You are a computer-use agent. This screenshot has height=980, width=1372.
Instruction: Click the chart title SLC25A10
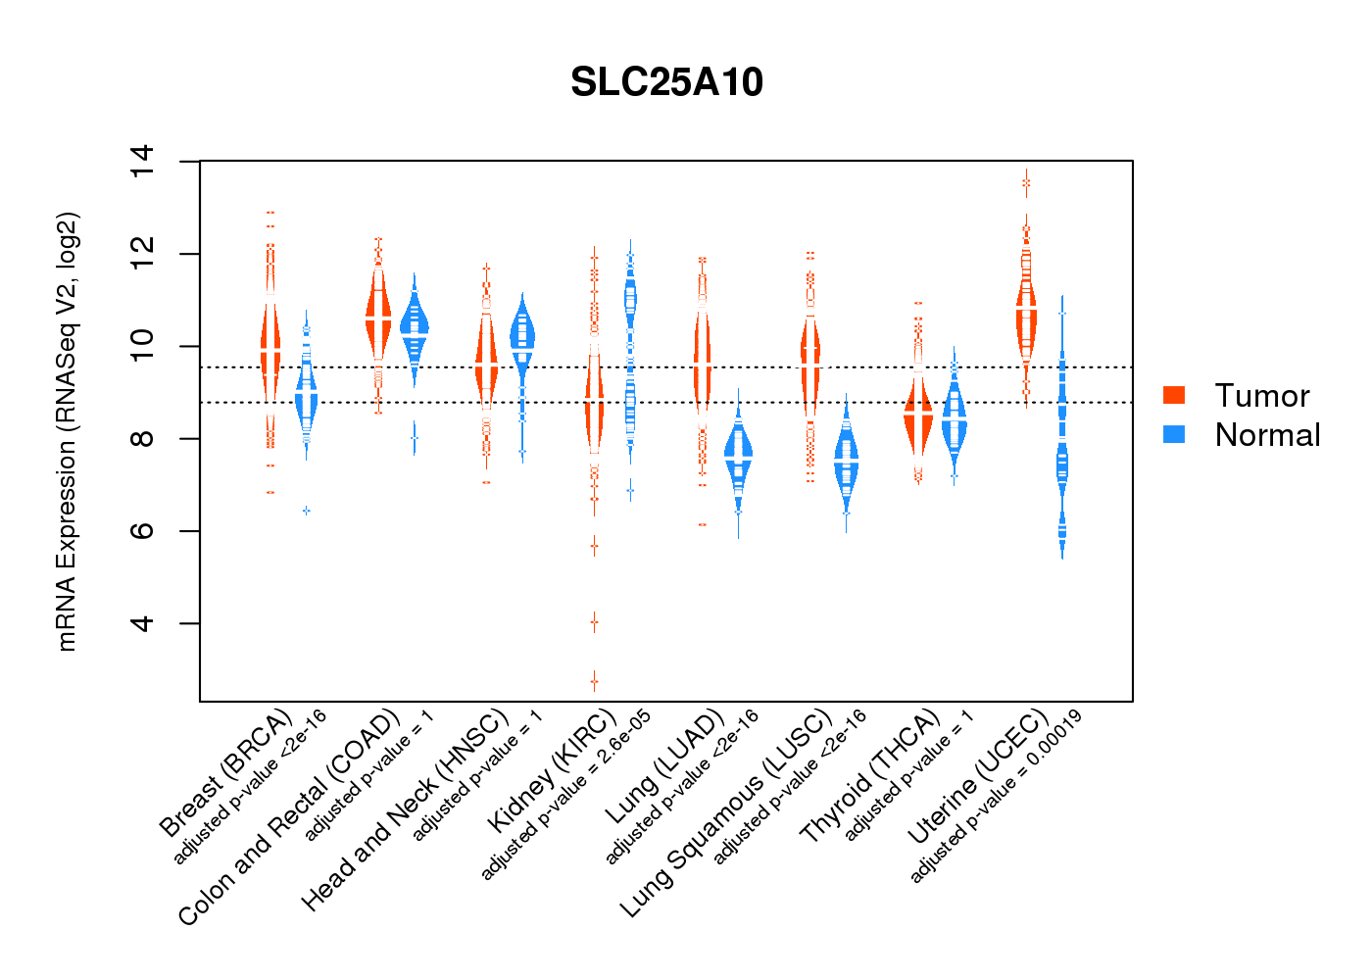tap(666, 83)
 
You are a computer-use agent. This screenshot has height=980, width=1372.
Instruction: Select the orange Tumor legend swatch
tap(1174, 395)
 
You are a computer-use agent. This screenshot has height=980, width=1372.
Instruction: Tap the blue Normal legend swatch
tap(1174, 434)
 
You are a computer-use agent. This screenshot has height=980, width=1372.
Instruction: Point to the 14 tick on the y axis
tap(143, 161)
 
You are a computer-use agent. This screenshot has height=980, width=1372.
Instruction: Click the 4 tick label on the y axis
tap(143, 623)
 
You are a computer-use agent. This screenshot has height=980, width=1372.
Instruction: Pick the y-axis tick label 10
tap(143, 346)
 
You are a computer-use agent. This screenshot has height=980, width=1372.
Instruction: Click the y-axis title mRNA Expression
tap(67, 431)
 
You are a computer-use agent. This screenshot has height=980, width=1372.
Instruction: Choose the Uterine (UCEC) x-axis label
tap(978, 775)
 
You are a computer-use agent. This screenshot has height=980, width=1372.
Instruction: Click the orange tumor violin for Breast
tap(270, 353)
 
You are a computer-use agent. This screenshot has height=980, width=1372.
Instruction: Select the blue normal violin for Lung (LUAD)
tap(738, 456)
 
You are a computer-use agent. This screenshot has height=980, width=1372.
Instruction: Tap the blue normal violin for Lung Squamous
tap(846, 461)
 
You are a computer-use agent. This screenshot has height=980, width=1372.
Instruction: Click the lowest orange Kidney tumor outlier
tap(594, 681)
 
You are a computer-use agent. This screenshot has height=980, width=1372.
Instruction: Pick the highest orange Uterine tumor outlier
tap(1026, 182)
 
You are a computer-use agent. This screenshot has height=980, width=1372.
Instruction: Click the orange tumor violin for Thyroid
tap(918, 416)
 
